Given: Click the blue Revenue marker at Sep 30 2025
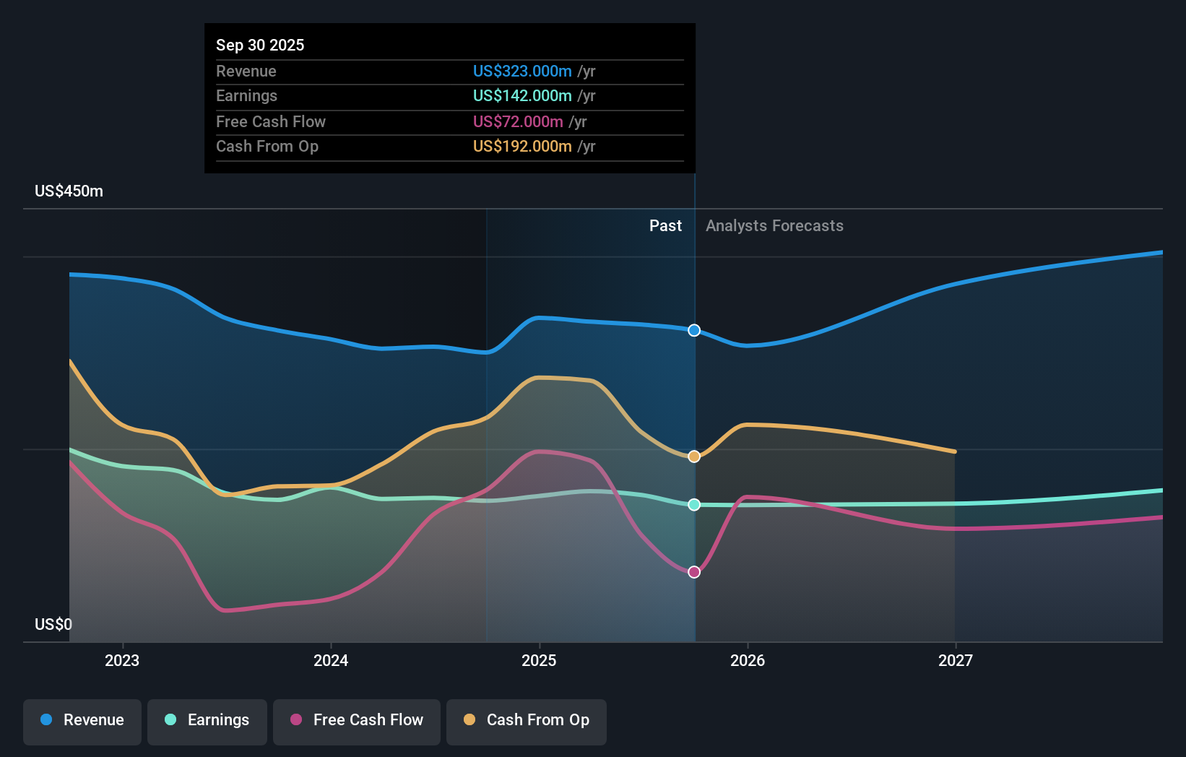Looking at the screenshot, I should [694, 330].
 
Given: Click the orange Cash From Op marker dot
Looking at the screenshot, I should [694, 457].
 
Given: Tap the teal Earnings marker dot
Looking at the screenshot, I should [694, 505].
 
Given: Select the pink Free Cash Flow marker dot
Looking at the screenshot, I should [694, 572].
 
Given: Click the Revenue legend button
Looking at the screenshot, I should [82, 720].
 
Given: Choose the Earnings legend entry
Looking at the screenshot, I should [207, 720].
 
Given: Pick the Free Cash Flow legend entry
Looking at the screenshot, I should [357, 720].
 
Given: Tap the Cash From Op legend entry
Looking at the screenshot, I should [527, 720].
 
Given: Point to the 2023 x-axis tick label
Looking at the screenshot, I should [122, 660].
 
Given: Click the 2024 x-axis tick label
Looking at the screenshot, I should [331, 660].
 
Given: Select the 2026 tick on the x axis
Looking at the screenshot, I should [748, 660].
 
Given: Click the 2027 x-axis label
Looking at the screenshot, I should [955, 660].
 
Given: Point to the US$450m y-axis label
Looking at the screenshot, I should [69, 191].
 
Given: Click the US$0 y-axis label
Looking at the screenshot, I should [53, 624].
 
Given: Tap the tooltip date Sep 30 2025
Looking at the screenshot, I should [260, 45].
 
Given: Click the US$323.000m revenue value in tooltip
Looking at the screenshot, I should [522, 71].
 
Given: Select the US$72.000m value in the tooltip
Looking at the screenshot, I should [518, 121].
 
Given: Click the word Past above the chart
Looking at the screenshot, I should [665, 226].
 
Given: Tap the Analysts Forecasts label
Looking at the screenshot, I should [774, 226].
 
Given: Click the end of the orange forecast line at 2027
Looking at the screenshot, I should [955, 451].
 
